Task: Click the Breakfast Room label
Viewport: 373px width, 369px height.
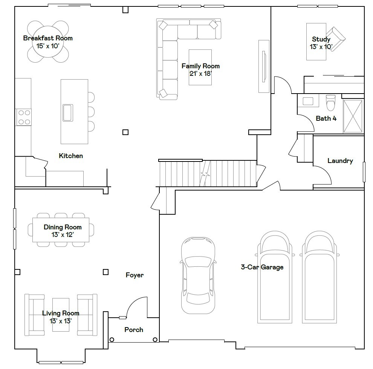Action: [48, 38]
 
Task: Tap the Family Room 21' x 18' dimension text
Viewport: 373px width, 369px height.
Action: [200, 74]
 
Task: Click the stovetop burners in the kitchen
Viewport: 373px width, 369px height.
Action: [23, 117]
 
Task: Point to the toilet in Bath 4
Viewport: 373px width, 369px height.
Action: [330, 102]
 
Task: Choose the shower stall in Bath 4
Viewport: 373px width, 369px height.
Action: [353, 116]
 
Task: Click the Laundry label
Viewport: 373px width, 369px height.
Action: [340, 161]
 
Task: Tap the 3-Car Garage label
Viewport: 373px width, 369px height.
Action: [262, 267]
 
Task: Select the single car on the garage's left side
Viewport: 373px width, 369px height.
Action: [198, 275]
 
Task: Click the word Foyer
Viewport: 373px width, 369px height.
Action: [135, 275]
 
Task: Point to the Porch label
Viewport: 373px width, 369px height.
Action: [134, 330]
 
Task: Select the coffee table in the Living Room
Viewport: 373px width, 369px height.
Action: [61, 315]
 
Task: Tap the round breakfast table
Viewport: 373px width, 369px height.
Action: [48, 42]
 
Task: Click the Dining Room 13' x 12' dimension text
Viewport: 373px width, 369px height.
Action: [63, 235]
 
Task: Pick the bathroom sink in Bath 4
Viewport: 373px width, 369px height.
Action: [308, 101]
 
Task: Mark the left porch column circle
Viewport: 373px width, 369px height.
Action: [112, 340]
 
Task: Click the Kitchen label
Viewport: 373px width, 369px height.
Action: [71, 156]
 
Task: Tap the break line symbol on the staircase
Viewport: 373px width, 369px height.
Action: [205, 174]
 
